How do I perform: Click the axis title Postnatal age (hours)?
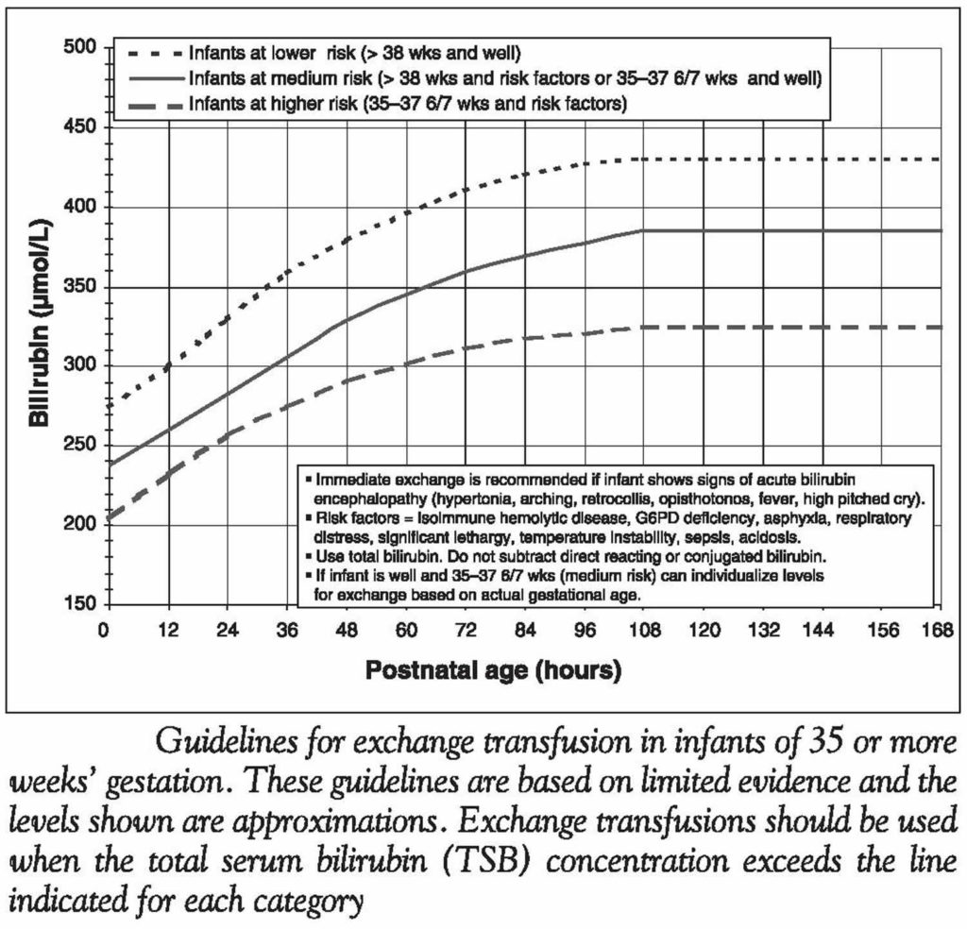pos(493,671)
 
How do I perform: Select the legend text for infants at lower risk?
pos(354,47)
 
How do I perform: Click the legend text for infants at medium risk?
pos(505,78)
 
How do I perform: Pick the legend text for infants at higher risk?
pos(408,103)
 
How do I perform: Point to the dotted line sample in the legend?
pos(148,48)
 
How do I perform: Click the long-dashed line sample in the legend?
pos(148,104)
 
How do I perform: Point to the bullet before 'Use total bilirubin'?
pos(307,557)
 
